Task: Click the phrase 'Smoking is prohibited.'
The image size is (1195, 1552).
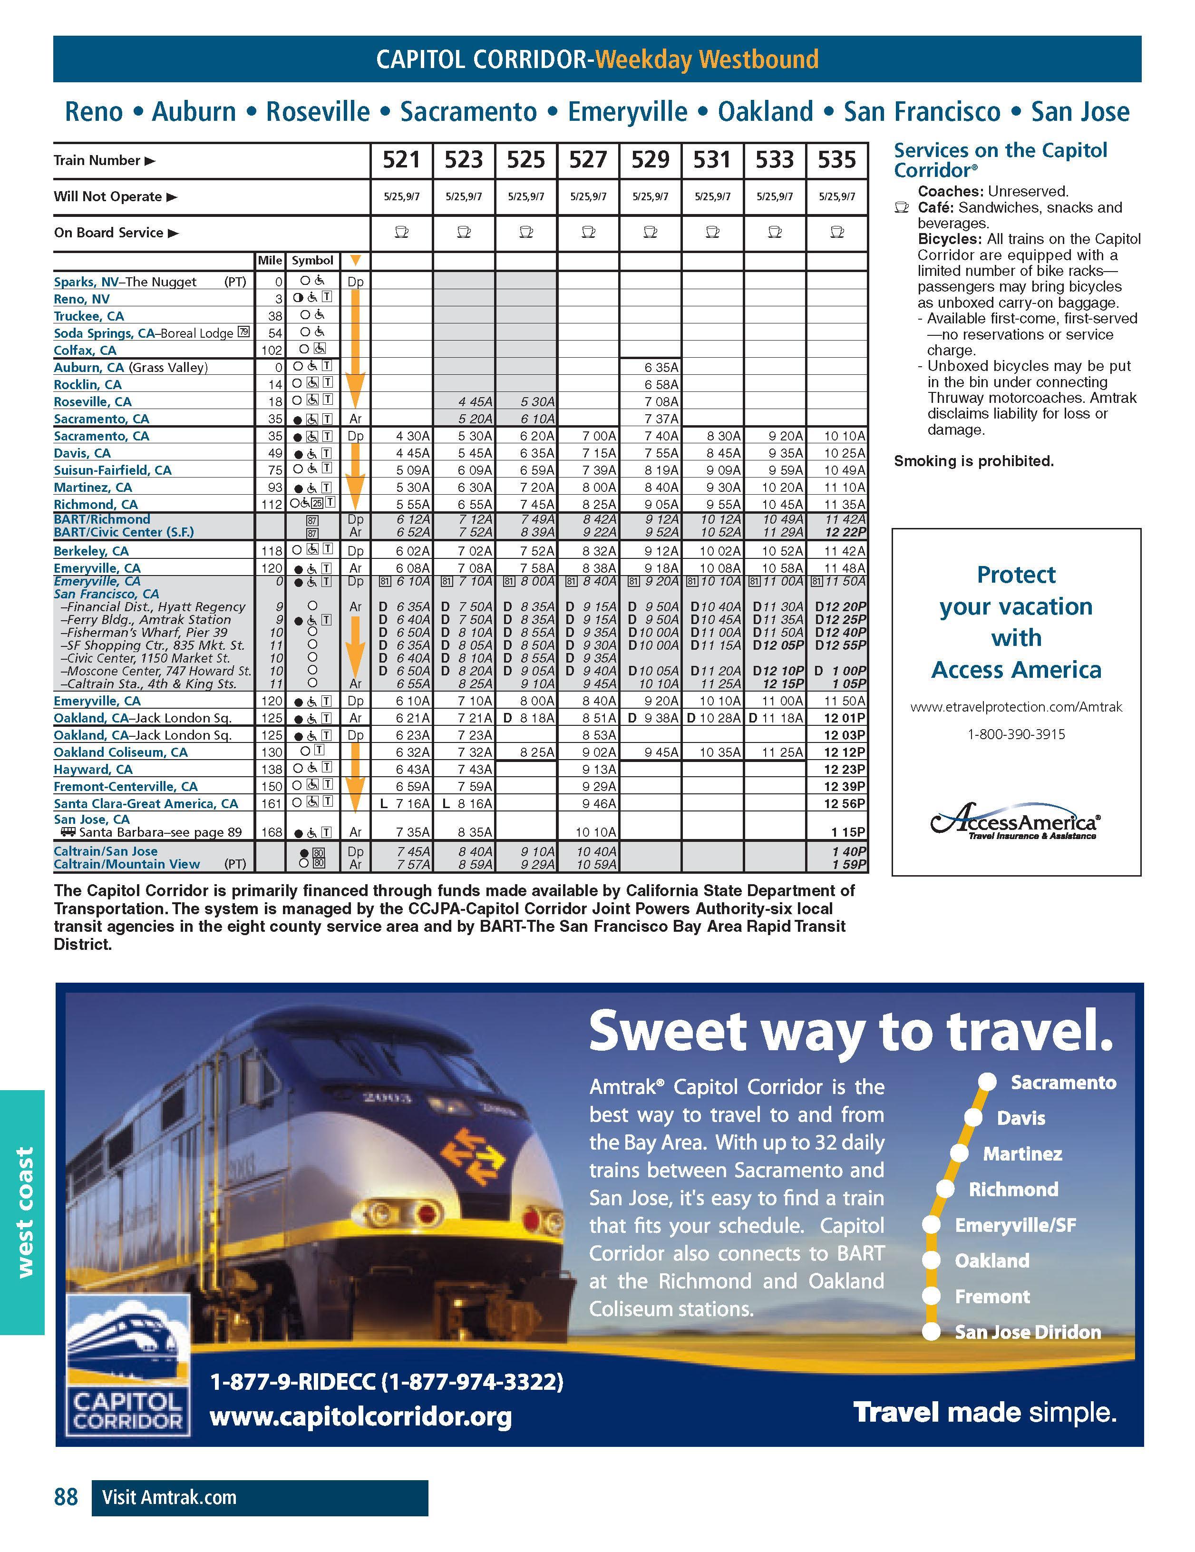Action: pos(973,461)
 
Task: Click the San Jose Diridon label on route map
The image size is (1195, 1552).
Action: pos(1027,1332)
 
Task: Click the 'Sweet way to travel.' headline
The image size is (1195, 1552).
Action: pos(850,1032)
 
